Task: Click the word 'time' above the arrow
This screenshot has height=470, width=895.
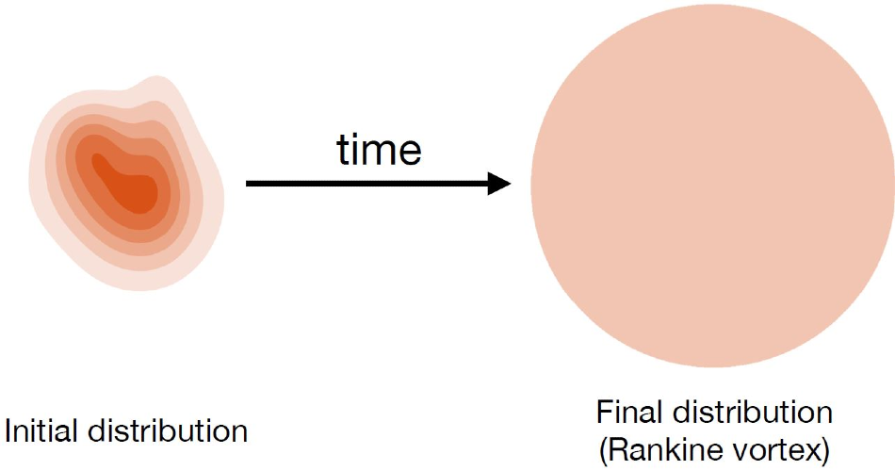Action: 379,150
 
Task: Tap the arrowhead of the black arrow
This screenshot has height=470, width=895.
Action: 499,183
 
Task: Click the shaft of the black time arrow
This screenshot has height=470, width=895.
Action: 367,183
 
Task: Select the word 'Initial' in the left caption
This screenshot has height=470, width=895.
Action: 42,430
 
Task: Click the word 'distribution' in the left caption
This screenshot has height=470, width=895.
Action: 168,430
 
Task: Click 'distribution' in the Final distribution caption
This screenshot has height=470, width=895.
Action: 753,412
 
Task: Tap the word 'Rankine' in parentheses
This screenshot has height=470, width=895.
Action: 660,450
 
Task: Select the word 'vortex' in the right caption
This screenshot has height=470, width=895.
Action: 771,450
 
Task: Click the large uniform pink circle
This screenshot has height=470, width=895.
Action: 713,185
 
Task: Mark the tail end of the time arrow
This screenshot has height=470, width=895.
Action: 247,183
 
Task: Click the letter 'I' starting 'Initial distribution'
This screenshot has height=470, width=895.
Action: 8,430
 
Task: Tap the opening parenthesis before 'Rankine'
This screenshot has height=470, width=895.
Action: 603,451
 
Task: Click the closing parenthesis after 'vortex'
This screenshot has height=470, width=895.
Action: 824,451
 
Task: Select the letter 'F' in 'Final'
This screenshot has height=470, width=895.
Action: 605,412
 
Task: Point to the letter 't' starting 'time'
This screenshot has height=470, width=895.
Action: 343,151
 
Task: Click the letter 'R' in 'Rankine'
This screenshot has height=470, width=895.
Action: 618,450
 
